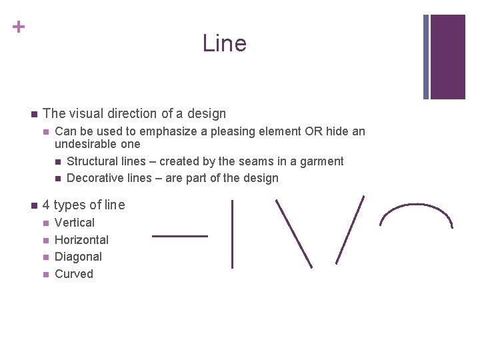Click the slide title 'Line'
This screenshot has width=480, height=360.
tap(224, 43)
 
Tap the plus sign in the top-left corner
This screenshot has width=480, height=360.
tap(19, 27)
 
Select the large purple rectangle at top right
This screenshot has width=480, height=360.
tap(448, 57)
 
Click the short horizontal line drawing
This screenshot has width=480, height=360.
tap(180, 235)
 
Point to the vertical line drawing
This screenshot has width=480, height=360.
tap(232, 234)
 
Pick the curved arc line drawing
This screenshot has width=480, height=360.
tap(415, 213)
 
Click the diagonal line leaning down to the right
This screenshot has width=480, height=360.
tap(294, 233)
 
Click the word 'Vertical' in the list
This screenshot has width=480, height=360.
tap(75, 223)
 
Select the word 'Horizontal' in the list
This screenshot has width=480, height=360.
tap(81, 240)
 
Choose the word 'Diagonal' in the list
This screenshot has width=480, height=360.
tap(78, 257)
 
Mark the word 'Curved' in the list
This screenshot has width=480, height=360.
tap(74, 274)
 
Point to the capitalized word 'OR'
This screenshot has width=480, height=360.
tap(313, 131)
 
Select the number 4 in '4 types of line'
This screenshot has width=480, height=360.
tap(46, 205)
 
